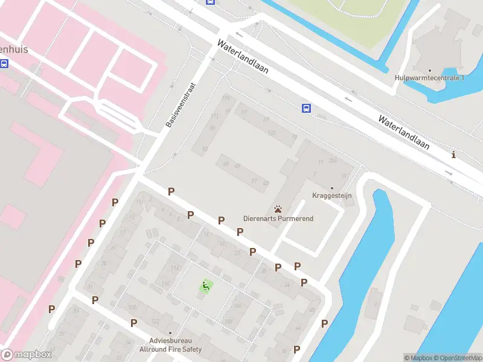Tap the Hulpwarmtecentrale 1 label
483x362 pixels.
[429, 78]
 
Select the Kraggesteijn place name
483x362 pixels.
[331, 195]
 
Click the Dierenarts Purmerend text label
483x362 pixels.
[278, 218]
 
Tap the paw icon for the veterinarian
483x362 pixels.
[278, 209]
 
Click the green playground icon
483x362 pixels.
[206, 287]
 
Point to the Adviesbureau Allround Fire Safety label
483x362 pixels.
[170, 345]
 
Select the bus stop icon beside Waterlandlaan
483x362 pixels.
[306, 108]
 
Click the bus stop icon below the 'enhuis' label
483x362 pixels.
[4, 63]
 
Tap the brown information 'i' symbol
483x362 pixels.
[453, 155]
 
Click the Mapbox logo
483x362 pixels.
[26, 355]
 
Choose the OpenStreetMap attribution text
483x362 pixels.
[457, 358]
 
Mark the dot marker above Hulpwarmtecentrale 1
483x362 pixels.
[429, 71]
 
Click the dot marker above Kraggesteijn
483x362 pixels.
[331, 188]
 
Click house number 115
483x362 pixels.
[226, 98]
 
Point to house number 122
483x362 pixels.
[155, 320]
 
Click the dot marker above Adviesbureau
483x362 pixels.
[170, 333]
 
